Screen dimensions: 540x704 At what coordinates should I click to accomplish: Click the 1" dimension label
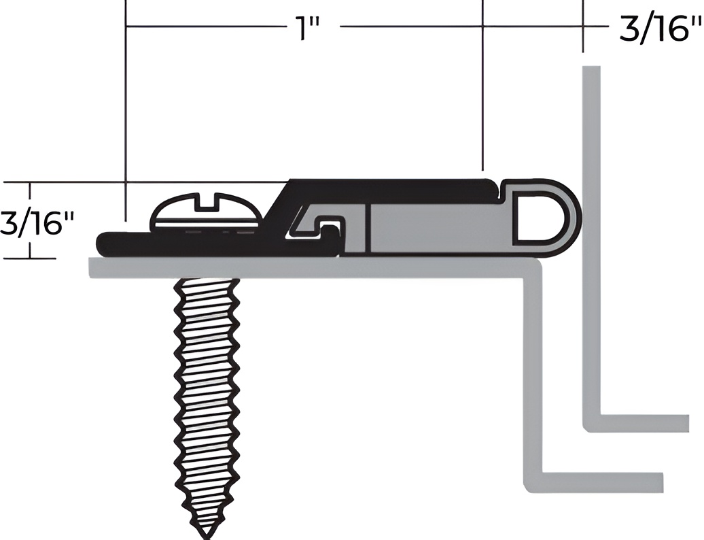point(307,29)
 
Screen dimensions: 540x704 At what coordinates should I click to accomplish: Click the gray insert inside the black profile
point(435,228)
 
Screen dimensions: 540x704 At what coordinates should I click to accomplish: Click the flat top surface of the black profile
point(394,185)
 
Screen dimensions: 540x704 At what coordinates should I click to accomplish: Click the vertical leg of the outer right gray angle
point(591,238)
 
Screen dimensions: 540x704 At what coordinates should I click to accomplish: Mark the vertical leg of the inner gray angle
point(533,374)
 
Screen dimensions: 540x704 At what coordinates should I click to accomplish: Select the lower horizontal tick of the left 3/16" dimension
point(31,258)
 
